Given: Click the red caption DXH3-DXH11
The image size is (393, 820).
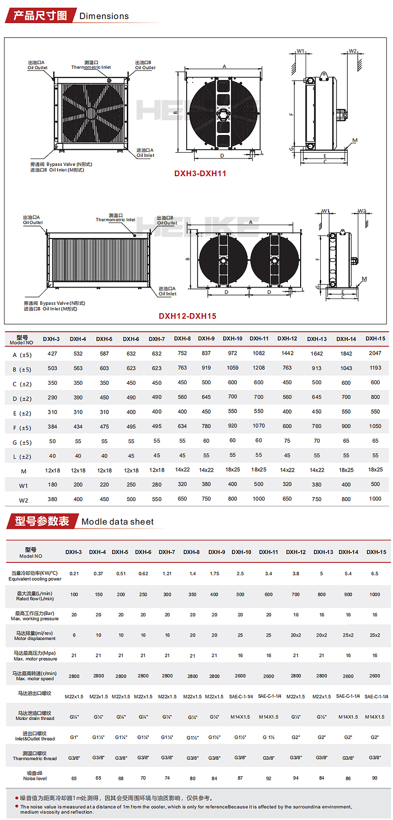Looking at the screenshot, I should pyautogui.click(x=200, y=173).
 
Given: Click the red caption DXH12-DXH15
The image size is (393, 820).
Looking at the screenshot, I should pyautogui.click(x=187, y=316).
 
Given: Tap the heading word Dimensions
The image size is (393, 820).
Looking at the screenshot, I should pyautogui.click(x=104, y=16).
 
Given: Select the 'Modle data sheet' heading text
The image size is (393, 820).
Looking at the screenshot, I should pyautogui.click(x=117, y=522).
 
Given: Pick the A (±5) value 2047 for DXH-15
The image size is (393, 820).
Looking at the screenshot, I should pyautogui.click(x=375, y=353).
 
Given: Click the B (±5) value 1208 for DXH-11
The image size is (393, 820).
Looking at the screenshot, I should pyautogui.click(x=258, y=368).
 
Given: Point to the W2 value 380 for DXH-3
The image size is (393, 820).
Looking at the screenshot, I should pyautogui.click(x=53, y=499).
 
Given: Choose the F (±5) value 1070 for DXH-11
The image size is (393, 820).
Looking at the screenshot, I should pyautogui.click(x=258, y=426).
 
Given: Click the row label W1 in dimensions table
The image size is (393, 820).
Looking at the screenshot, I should pyautogui.click(x=24, y=486).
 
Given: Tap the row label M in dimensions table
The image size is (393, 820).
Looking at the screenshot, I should pyautogui.click(x=24, y=471).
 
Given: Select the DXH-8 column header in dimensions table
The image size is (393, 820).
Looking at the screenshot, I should pyautogui.click(x=182, y=339).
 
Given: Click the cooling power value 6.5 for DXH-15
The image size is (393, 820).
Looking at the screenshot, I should pyautogui.click(x=374, y=574).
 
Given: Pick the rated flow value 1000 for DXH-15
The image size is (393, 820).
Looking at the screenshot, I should pyautogui.click(x=374, y=594).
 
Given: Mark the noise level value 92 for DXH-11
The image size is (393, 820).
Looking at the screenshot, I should pyautogui.click(x=268, y=778).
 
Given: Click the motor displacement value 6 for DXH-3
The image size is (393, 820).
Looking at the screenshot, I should pyautogui.click(x=74, y=635).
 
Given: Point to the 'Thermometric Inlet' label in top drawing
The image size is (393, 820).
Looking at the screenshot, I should pyautogui.click(x=91, y=67).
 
